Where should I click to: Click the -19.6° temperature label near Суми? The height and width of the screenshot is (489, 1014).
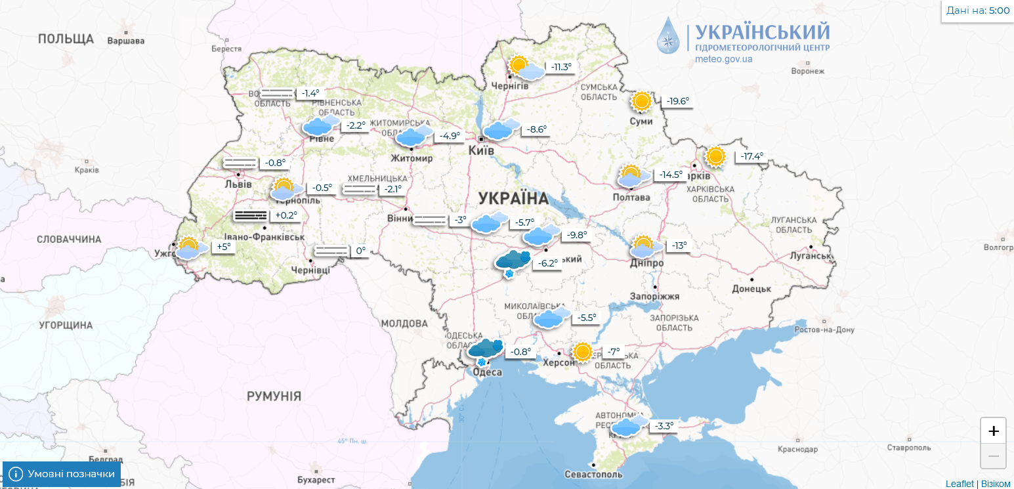pos(678,101)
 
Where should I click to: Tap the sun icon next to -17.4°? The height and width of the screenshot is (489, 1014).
pos(715,157)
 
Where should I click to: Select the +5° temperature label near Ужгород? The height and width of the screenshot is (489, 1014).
pos(223,247)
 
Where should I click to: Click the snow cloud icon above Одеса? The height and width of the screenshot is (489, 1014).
pos(486,350)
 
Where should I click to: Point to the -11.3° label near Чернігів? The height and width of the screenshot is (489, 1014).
pos(560,67)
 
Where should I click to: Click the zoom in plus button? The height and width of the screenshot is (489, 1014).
pos(993,431)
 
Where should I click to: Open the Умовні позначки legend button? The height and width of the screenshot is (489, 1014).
pos(62,474)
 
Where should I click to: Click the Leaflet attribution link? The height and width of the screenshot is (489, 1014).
pos(960,484)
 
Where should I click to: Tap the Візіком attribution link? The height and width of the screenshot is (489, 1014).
pos(996,484)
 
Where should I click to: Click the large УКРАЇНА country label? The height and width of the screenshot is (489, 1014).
pos(513,198)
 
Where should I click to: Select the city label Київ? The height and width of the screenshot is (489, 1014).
pos(481,151)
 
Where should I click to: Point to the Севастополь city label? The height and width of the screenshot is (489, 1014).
pos(593,474)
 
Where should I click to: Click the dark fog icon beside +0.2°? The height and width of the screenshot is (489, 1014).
pos(251,215)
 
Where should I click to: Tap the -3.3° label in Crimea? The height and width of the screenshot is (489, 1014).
pos(664,426)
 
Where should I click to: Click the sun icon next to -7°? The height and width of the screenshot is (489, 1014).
pos(582,352)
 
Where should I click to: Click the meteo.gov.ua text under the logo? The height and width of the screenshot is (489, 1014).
pos(724,59)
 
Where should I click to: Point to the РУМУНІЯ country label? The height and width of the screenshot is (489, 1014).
pos(274,396)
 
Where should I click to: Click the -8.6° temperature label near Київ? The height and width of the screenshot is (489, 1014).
pos(536,129)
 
